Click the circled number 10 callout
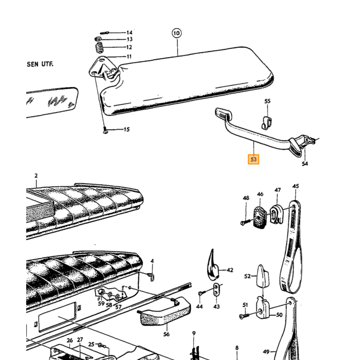(176, 33)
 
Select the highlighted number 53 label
(254, 159)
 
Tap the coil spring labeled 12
(99, 48)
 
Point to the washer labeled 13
(98, 39)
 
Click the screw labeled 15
(105, 130)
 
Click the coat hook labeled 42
(212, 266)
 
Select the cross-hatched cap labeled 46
(260, 218)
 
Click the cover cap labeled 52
(262, 276)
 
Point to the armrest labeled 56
(165, 311)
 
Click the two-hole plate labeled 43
(217, 290)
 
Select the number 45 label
(296, 186)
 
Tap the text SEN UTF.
(40, 64)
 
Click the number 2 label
(36, 176)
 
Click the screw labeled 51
(244, 316)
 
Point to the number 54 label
(304, 164)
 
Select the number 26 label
(70, 340)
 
